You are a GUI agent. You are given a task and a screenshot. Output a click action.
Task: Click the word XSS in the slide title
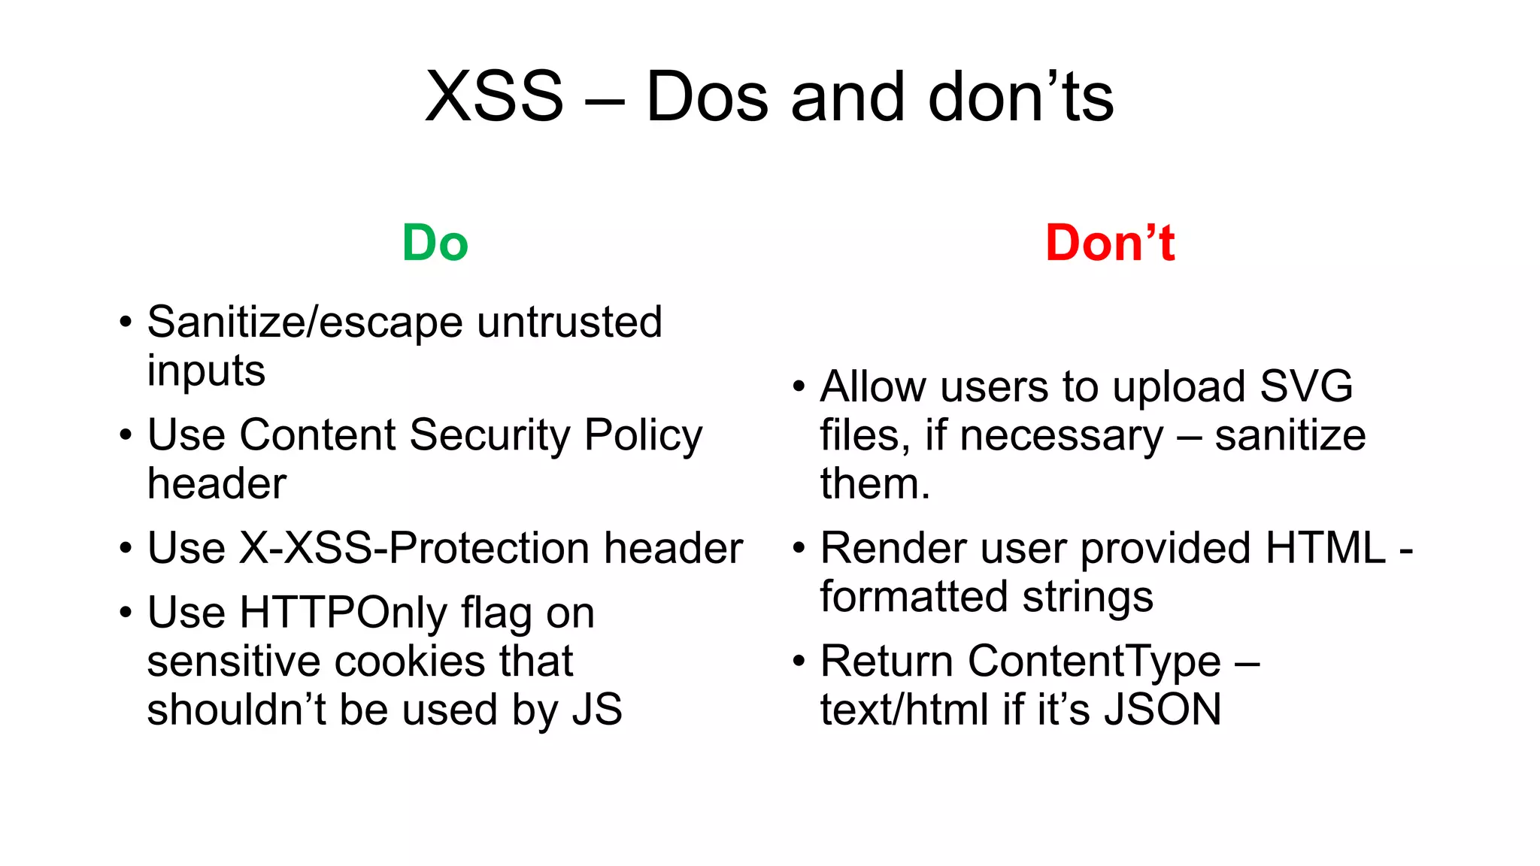tap(494, 97)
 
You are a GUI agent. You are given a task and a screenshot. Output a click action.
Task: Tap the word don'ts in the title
tap(1020, 97)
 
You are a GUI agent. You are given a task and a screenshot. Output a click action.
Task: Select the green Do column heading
tap(435, 243)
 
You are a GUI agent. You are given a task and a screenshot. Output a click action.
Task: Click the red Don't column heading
tap(1110, 243)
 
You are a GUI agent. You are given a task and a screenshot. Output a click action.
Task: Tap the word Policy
tap(643, 435)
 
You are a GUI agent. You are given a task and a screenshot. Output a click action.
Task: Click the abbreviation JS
tap(597, 710)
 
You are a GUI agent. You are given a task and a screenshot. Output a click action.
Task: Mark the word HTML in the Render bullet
tap(1325, 548)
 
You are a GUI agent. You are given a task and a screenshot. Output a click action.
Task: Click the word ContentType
tap(1094, 662)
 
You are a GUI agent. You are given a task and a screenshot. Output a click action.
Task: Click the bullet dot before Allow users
tap(799, 388)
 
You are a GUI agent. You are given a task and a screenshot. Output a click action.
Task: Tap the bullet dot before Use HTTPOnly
tap(126, 613)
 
